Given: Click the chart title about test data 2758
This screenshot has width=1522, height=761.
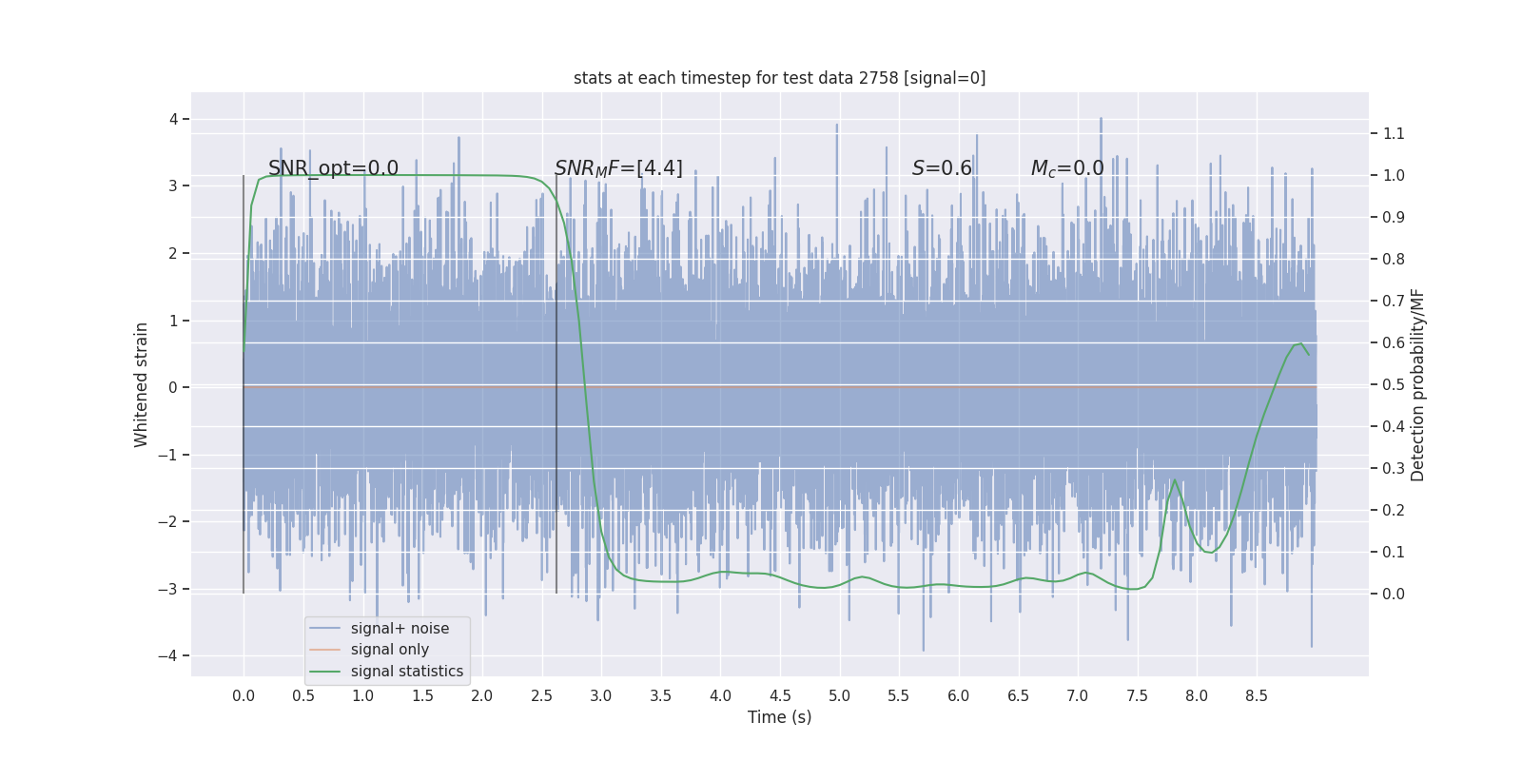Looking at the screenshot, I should point(779,78).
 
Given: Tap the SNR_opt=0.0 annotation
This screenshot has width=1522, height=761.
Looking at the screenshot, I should point(333,168).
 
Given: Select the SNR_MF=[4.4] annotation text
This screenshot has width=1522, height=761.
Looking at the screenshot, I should point(618,168).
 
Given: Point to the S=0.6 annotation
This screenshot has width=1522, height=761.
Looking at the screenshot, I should point(942,168).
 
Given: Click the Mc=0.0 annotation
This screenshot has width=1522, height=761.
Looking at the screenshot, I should point(1067,168).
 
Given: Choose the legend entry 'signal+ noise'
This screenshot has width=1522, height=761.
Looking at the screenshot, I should point(400,629).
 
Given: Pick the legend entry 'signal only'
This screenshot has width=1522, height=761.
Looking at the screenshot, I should point(389,650).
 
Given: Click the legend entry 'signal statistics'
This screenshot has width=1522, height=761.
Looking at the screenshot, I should point(406,672).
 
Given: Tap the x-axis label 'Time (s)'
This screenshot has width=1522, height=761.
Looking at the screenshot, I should point(779,717).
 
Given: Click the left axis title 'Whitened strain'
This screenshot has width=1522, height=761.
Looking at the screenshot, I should point(142,384).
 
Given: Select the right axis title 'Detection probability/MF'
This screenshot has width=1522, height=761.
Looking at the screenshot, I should point(1417,384).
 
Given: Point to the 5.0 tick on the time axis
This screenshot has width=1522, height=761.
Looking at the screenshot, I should point(839,696).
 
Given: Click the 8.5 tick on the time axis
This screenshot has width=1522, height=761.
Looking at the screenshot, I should point(1256,696).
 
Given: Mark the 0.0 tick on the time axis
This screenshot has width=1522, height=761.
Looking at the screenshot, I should point(244,696).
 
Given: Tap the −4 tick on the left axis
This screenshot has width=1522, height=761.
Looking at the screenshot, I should point(172,655).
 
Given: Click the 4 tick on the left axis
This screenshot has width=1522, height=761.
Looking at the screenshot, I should point(174,119).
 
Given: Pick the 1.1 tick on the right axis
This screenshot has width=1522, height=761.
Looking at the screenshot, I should point(1394,133).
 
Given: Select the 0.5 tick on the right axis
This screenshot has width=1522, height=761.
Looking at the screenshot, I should point(1394,384).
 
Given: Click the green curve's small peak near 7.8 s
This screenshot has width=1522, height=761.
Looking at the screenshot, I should point(1175,480).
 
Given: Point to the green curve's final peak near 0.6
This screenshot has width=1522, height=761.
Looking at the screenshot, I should point(1300,342).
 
